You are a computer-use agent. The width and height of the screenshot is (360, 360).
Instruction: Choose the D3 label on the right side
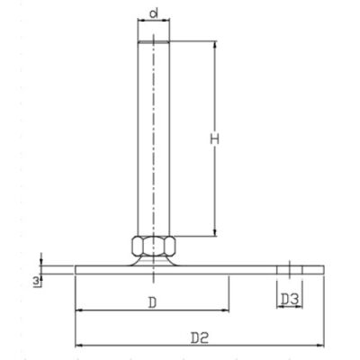coord(289,298)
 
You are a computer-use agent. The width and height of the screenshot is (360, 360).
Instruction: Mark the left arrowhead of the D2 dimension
coord(78,346)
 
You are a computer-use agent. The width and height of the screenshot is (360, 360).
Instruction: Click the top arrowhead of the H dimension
coord(214,42)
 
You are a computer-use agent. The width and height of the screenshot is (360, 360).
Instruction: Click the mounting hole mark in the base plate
coord(289,269)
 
